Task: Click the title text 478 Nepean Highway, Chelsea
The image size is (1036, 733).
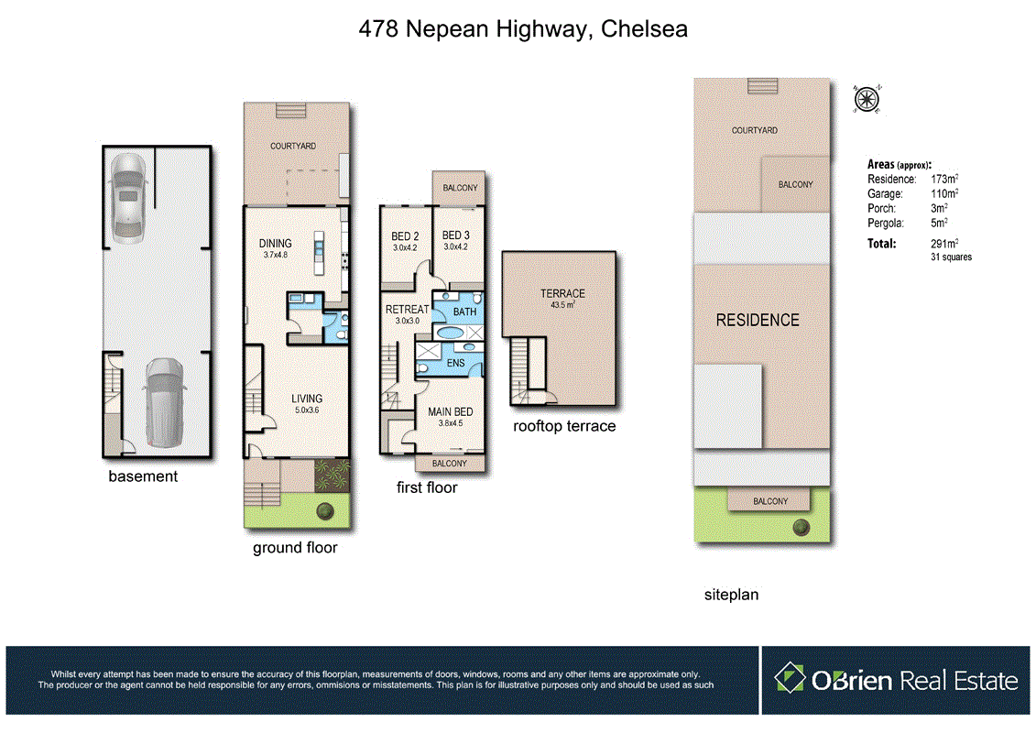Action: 523,30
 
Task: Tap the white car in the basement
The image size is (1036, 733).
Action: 125,195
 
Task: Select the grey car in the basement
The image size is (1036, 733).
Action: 162,400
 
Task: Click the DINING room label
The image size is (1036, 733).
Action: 275,244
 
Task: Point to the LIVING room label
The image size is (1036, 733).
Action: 307,399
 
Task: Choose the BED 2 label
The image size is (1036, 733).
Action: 405,236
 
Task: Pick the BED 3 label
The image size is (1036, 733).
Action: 456,236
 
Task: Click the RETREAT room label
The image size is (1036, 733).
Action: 407,310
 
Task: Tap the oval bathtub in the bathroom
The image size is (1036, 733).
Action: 453,333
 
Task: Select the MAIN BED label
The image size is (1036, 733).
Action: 451,412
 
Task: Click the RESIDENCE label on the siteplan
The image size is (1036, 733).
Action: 758,320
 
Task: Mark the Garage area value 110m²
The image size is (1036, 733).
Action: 944,194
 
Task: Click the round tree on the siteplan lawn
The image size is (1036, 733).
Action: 802,526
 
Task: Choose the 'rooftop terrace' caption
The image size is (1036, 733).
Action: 564,426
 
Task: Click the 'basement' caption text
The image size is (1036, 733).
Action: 143,476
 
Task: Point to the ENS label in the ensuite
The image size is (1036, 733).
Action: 455,364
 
